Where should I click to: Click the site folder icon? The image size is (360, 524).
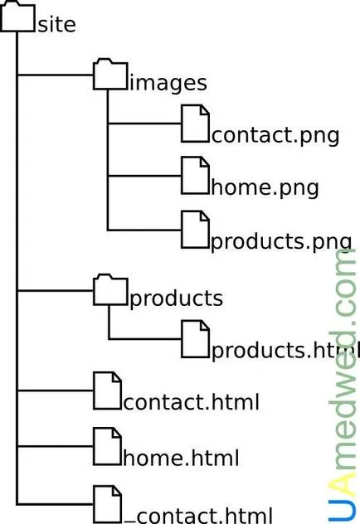(x=17, y=16)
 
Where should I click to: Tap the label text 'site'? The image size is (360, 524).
(x=57, y=25)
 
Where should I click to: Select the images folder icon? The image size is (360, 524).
(x=110, y=74)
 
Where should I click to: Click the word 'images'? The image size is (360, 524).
(x=168, y=83)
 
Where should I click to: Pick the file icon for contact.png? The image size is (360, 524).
(x=195, y=124)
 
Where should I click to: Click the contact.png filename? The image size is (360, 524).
(x=275, y=136)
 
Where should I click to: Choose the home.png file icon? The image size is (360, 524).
(x=195, y=176)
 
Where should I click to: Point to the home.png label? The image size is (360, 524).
(x=265, y=187)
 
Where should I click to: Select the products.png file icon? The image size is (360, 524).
(x=195, y=230)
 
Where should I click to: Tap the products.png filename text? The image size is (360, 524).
(x=281, y=242)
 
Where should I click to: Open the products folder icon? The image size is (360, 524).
(x=110, y=289)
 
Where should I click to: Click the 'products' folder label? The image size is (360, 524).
(x=176, y=298)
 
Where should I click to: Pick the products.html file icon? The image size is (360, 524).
(x=195, y=339)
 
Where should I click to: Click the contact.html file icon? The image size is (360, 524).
(x=107, y=391)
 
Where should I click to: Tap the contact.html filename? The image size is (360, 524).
(x=191, y=402)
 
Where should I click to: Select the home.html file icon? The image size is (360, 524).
(x=107, y=446)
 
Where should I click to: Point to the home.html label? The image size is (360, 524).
(x=181, y=458)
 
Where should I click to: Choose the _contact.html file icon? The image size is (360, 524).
(x=107, y=505)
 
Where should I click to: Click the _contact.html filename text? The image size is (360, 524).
(x=198, y=516)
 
